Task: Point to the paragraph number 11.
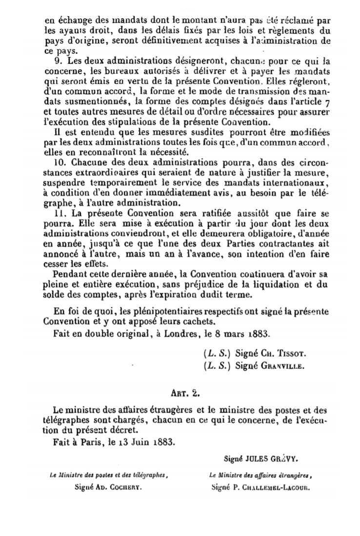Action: tap(56, 213)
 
